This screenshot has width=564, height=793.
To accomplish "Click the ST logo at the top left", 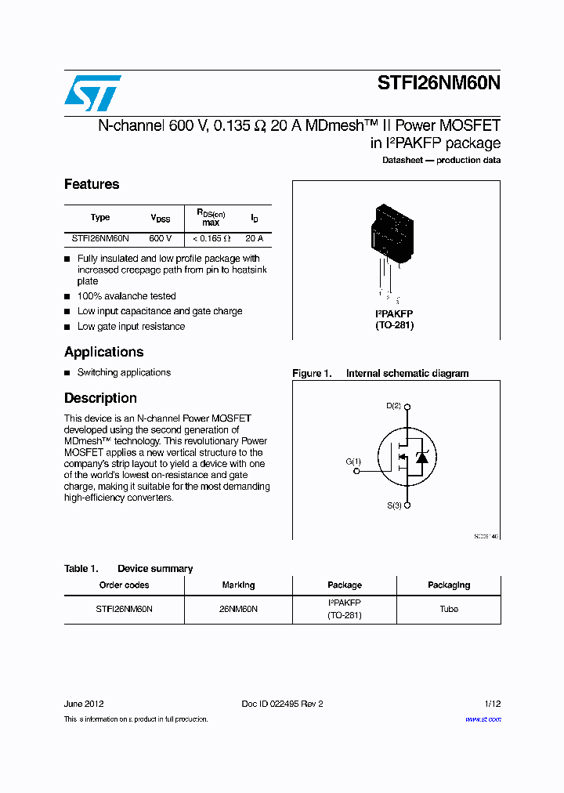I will point(92,93).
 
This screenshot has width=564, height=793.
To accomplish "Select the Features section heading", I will point(92,184).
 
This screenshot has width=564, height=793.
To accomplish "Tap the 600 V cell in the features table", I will point(160,237).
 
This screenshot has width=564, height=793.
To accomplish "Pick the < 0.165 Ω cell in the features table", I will point(211,237).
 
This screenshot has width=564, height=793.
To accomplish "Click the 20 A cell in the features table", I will point(254,237).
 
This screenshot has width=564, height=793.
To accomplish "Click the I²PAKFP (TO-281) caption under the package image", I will point(394,319).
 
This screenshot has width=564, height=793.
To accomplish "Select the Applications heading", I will point(103,352).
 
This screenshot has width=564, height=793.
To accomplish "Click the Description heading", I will point(100,398).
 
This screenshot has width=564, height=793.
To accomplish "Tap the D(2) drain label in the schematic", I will point(393,406).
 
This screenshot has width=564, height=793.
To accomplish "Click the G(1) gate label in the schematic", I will point(353,462).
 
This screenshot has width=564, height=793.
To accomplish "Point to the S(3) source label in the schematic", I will point(393,506).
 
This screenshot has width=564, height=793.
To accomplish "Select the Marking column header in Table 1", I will point(237,585).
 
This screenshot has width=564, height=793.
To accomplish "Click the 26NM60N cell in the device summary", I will point(238,609).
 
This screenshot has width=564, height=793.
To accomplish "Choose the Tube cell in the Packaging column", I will point(448,609).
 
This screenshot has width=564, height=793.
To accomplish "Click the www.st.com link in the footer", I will point(483,719).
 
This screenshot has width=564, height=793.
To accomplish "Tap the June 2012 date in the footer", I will point(84,704).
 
